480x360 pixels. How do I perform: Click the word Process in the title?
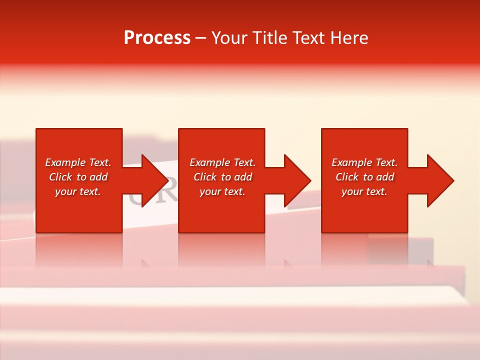(x=157, y=38)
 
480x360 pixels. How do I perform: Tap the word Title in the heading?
(x=270, y=38)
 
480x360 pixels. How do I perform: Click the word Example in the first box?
(x=65, y=162)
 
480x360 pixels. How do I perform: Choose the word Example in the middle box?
(x=209, y=162)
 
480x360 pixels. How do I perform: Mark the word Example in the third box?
(x=351, y=162)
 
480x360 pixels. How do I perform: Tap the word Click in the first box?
(x=60, y=177)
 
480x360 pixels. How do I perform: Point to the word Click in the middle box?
(x=205, y=177)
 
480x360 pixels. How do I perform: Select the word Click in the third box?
(x=347, y=177)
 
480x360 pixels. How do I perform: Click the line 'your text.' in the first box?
(x=78, y=191)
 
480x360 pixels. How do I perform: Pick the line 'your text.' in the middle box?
(x=222, y=191)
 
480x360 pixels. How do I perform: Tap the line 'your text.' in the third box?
(x=364, y=191)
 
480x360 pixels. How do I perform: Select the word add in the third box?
(x=385, y=177)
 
